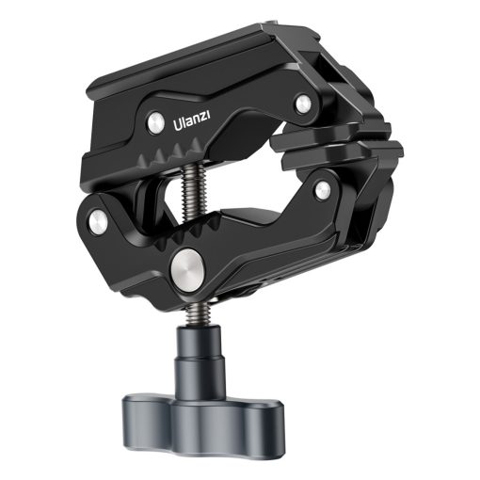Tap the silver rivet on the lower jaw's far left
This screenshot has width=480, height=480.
97,221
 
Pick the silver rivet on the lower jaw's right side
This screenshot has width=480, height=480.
322,191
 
